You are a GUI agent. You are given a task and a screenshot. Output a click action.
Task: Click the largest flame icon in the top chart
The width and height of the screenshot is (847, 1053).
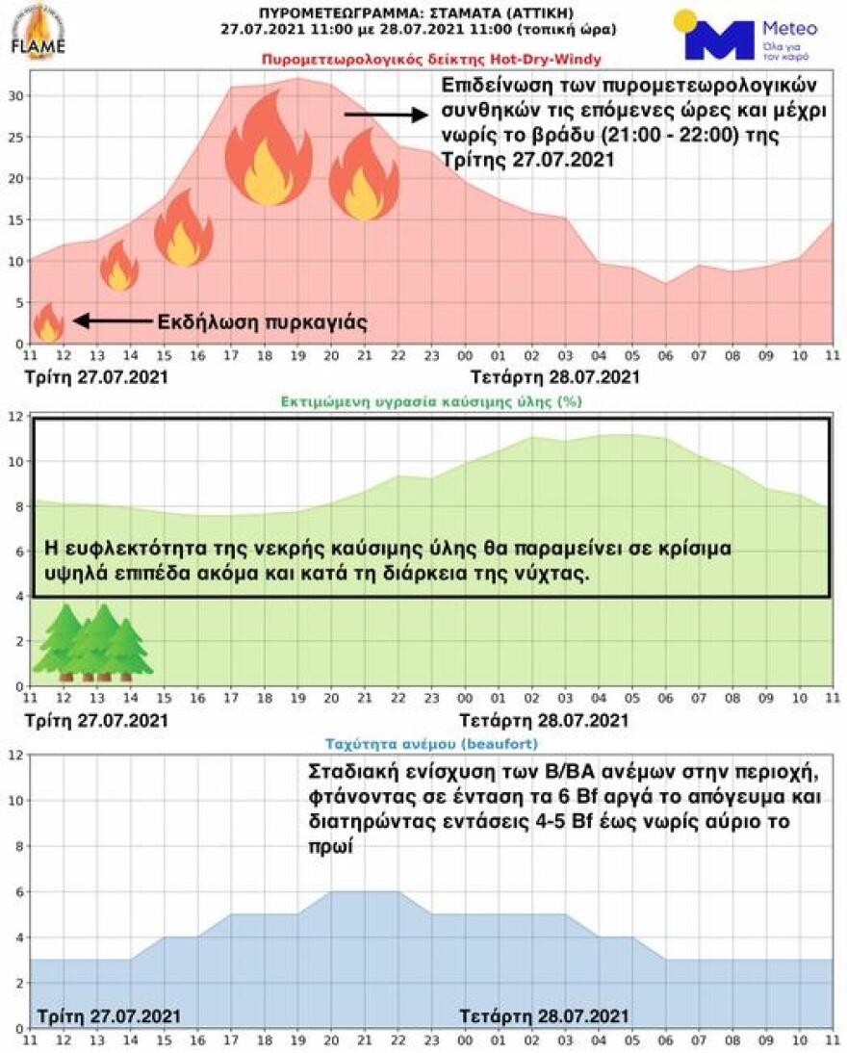pyautogui.click(x=263, y=149)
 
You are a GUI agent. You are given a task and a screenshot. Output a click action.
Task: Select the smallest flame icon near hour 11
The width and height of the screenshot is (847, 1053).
pyautogui.click(x=48, y=322)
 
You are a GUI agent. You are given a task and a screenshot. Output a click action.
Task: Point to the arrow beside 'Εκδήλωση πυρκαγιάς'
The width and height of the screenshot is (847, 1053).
pyautogui.click(x=110, y=321)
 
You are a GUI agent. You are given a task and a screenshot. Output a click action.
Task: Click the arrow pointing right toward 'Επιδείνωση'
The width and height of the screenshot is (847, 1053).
pyautogui.click(x=385, y=115)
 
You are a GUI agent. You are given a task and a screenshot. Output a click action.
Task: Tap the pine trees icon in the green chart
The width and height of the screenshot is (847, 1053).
pyautogui.click(x=92, y=639)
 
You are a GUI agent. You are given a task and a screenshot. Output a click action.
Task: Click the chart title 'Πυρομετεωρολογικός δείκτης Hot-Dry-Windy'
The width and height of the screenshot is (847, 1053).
pyautogui.click(x=430, y=60)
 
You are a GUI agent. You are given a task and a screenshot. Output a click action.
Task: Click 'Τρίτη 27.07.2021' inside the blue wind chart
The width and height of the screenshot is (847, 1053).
pyautogui.click(x=108, y=1015)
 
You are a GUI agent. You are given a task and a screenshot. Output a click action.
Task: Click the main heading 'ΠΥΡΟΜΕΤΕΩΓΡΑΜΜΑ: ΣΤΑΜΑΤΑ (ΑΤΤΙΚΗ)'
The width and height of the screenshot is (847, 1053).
pyautogui.click(x=420, y=13)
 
